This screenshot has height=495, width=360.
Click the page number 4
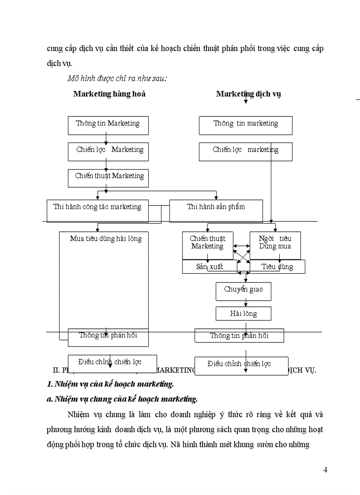pos(325,469)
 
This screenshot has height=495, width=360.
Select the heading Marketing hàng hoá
pos(109,94)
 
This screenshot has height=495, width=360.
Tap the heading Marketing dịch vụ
pos(248,94)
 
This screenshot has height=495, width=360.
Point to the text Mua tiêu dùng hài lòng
pos(106,239)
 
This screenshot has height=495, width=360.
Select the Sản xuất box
pos(210,267)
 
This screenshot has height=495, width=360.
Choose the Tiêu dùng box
pos(277,267)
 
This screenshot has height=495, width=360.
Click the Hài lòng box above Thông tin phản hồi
pos(243,313)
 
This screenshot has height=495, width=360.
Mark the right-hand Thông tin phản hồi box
pos(239,336)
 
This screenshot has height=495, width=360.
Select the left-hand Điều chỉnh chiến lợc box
pos(110,362)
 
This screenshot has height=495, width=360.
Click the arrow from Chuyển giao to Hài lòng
pos(245,304)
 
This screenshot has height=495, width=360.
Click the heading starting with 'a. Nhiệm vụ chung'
pos(122,399)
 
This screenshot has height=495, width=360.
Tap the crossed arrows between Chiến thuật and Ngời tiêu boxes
pos(241,255)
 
